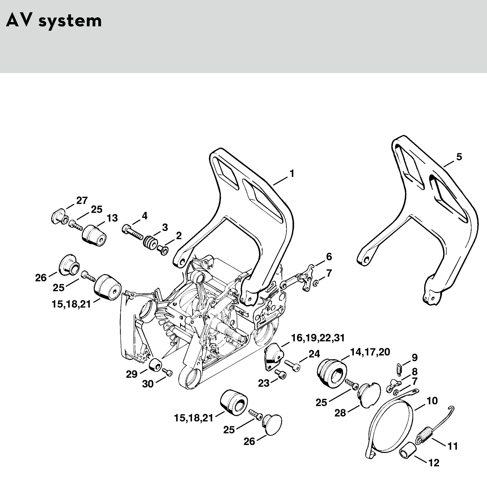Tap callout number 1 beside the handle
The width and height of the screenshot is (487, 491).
(x=292, y=174)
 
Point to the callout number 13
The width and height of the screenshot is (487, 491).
(x=112, y=218)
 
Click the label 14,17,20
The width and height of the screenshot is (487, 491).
(x=370, y=352)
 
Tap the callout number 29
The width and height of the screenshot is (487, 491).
(x=132, y=374)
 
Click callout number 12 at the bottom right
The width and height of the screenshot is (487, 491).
(x=434, y=463)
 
